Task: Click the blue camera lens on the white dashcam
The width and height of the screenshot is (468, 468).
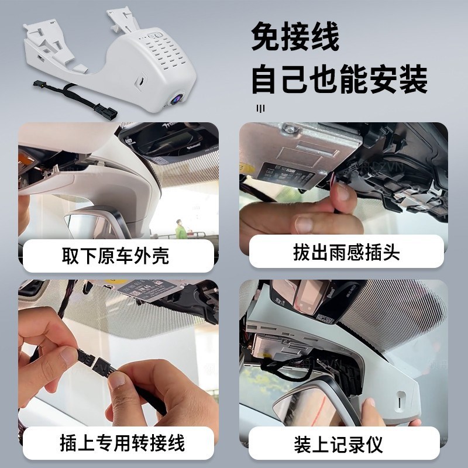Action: [x=175, y=100]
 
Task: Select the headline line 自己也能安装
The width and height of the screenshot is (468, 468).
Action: [x=339, y=80]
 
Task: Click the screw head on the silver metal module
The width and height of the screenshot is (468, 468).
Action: [x=285, y=128]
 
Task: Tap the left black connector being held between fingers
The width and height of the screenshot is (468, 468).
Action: [x=84, y=355]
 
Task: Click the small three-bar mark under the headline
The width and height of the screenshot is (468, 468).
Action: [x=260, y=108]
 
